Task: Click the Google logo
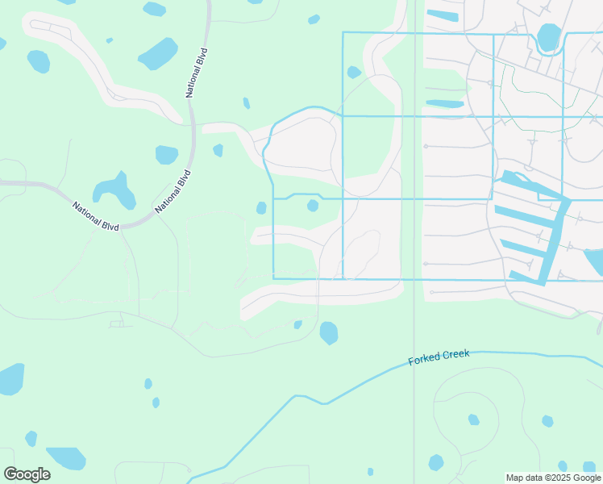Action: (x=27, y=474)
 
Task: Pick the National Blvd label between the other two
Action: (x=173, y=191)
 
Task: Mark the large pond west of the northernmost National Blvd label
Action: (x=158, y=54)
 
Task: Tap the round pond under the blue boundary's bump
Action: (x=313, y=206)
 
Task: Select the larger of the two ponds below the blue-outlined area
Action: (x=329, y=332)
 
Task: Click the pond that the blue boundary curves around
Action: (x=548, y=37)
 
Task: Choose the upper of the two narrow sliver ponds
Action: (x=442, y=15)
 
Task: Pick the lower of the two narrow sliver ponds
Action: (x=444, y=104)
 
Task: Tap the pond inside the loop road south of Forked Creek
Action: (x=473, y=419)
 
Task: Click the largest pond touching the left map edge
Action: (x=10, y=379)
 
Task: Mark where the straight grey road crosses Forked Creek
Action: (x=414, y=362)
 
